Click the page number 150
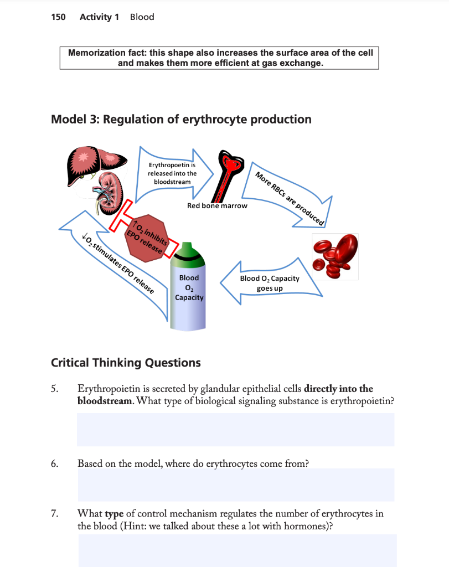pyautogui.click(x=58, y=17)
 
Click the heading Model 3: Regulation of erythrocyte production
pyautogui.click(x=180, y=120)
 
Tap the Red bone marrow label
pyautogui.click(x=217, y=205)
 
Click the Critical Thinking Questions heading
pyautogui.click(x=126, y=363)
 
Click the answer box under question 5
pyautogui.click(x=235, y=430)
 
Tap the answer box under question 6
pyautogui.click(x=235, y=485)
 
